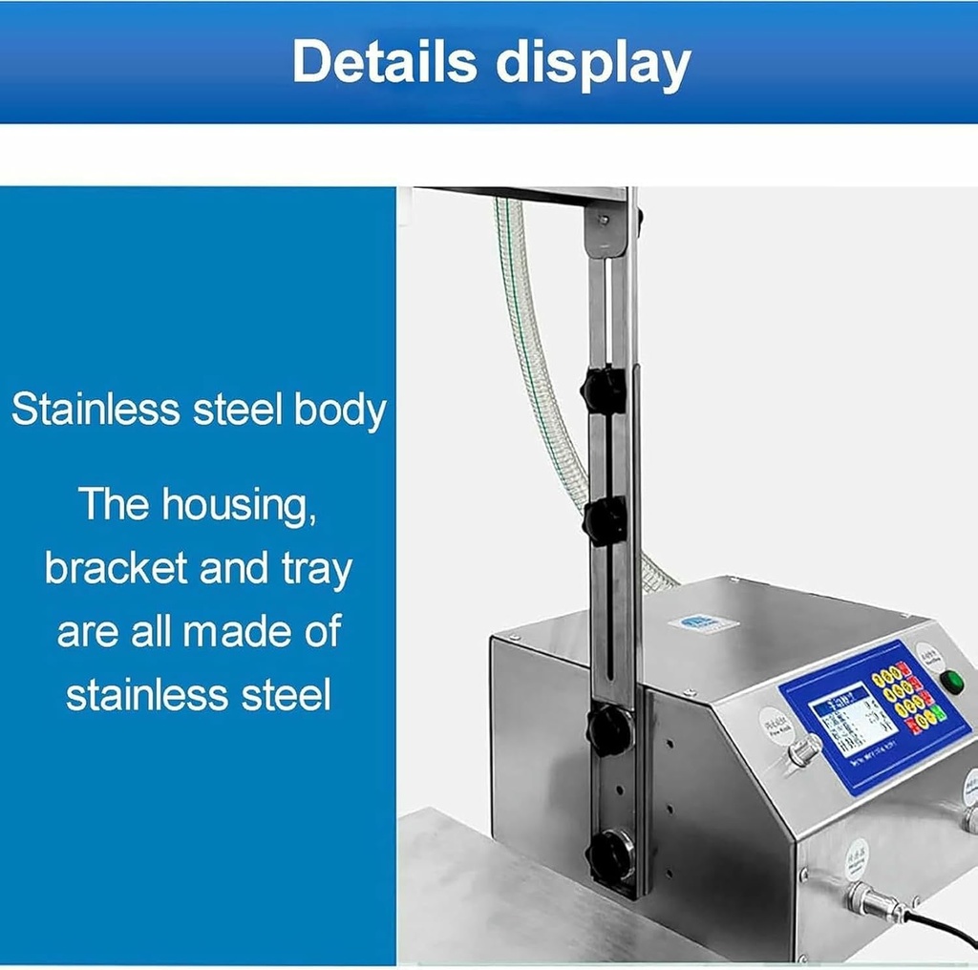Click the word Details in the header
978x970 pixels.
pyautogui.click(x=385, y=62)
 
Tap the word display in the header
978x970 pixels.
pyautogui.click(x=593, y=65)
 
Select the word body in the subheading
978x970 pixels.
pyautogui.click(x=339, y=411)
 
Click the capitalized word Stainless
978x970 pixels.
pyautogui.click(x=96, y=410)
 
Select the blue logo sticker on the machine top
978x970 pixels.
pyautogui.click(x=703, y=623)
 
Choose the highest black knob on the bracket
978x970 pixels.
pyautogui.click(x=605, y=390)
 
